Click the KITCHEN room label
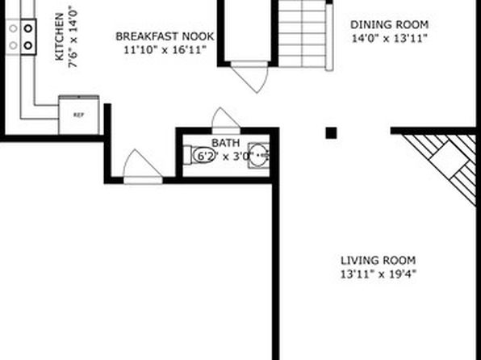pyautogui.click(x=59, y=36)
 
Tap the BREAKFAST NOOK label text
pyautogui.click(x=165, y=36)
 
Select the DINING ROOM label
pyautogui.click(x=389, y=24)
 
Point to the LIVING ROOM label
pyautogui.click(x=379, y=260)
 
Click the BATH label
pyautogui.click(x=225, y=143)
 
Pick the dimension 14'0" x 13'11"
pyautogui.click(x=389, y=39)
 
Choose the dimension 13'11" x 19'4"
pyautogui.click(x=379, y=274)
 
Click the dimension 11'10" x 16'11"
pyautogui.click(x=165, y=50)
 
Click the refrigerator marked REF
pyautogui.click(x=79, y=115)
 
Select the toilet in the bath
pyautogui.click(x=199, y=155)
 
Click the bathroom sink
pyautogui.click(x=258, y=156)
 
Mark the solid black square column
pyautogui.click(x=331, y=133)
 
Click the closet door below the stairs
pyautogui.click(x=249, y=77)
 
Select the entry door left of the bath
pyautogui.click(x=143, y=166)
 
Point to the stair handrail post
pyautogui.click(x=329, y=37)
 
